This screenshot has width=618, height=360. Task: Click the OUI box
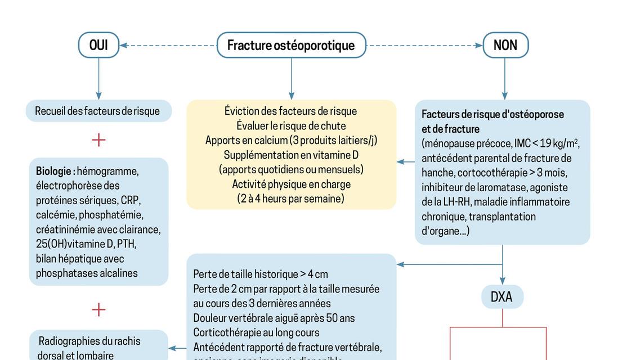[98, 45]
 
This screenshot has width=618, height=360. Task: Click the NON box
[505, 45]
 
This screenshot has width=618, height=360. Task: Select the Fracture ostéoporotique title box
[291, 45]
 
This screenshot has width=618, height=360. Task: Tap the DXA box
[501, 296]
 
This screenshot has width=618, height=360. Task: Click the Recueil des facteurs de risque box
[97, 111]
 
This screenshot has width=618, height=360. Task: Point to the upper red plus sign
[98, 139]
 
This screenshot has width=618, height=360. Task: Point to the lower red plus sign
[98, 309]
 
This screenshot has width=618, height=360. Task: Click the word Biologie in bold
[55, 171]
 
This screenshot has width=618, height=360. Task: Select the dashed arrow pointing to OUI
[169, 45]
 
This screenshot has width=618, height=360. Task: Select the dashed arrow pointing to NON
[425, 45]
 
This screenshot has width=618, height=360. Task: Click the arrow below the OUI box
[98, 79]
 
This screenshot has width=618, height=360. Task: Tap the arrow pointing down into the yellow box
[291, 79]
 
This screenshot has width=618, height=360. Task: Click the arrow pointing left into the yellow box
[406, 162]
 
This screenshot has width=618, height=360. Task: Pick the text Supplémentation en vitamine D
[291, 155]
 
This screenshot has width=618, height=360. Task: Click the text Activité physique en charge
[291, 184]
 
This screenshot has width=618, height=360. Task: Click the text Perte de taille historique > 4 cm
[260, 274]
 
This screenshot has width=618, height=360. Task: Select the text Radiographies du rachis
[89, 341]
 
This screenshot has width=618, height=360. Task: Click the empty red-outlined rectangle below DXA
[498, 344]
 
